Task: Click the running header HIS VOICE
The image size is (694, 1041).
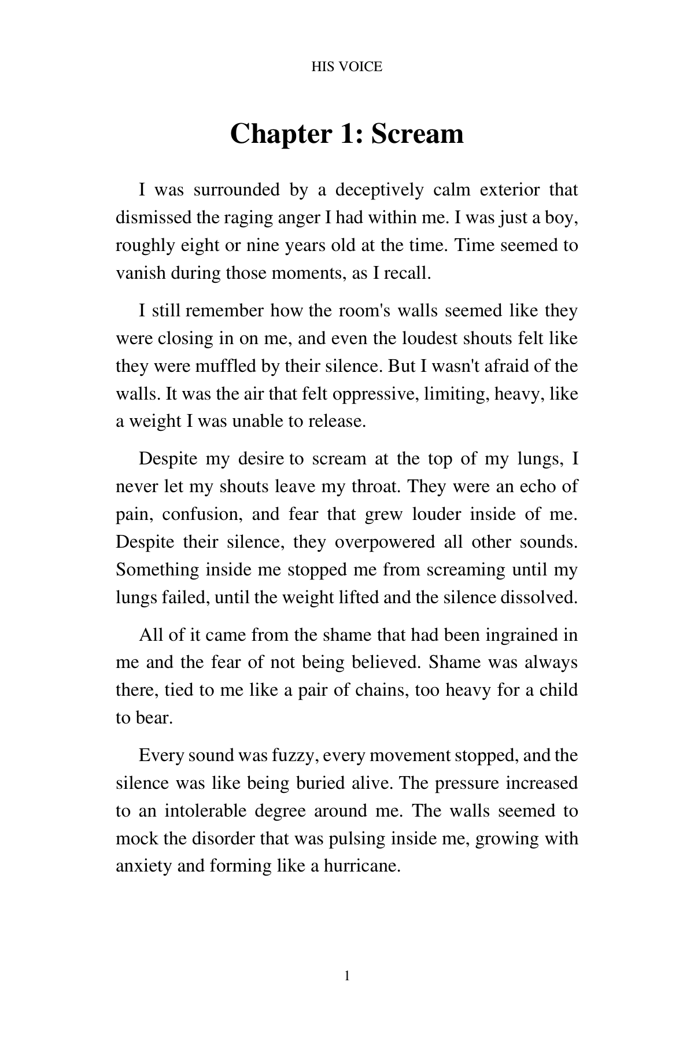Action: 346,67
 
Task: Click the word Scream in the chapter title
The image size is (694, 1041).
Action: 417,134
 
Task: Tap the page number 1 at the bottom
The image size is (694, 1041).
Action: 346,977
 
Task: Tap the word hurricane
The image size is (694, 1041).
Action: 361,866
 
